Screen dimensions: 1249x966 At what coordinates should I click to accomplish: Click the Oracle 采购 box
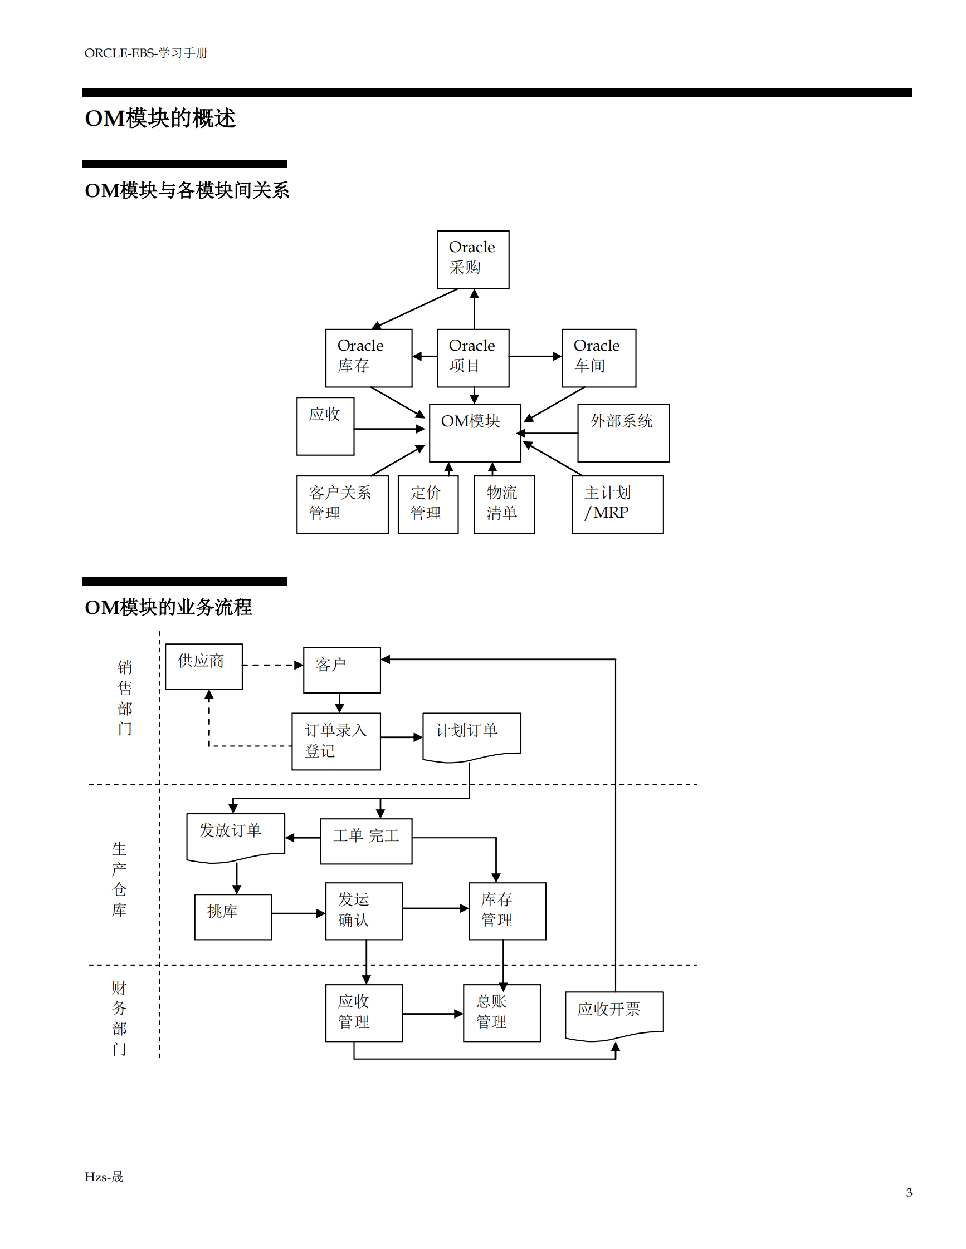coord(473,259)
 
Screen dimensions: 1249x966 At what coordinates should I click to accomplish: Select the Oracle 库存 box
coord(369,358)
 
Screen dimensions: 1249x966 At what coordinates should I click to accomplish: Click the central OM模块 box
coord(475,433)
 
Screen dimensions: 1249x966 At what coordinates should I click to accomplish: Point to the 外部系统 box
coord(623,433)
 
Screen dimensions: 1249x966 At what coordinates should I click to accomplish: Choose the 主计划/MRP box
coord(617,504)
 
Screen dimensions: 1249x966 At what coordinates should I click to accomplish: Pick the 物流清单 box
coord(504,504)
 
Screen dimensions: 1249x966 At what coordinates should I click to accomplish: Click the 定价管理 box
coord(427,504)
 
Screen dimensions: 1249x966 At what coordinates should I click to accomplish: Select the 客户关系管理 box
coord(342,504)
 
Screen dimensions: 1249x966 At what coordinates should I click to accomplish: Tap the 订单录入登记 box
coord(336,741)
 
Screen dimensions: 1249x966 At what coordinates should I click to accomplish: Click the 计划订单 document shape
coord(471,735)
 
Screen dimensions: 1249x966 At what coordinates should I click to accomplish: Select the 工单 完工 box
coord(365,840)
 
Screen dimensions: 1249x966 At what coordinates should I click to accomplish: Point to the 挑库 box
coord(233,917)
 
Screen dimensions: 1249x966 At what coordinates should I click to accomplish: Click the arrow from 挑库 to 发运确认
coord(297,913)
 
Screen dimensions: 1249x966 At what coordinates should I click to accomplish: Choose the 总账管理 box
coord(501,1012)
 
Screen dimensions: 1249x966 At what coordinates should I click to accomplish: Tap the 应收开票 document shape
coord(613,1014)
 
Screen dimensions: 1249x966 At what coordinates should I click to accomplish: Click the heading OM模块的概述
coord(160,119)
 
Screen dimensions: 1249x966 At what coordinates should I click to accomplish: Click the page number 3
coord(909,1192)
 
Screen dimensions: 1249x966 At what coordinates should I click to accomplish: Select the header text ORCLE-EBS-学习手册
coord(146,53)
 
